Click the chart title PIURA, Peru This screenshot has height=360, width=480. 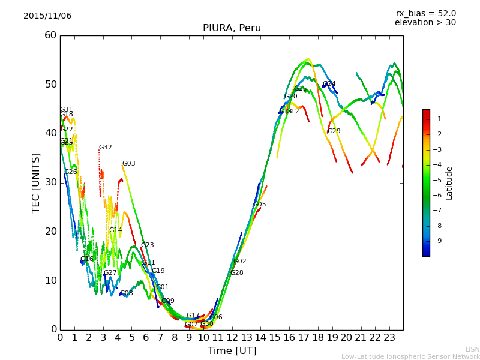[x=232, y=28]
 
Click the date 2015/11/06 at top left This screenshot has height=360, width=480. [x=47, y=16]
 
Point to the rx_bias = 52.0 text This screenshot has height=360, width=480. [x=425, y=13]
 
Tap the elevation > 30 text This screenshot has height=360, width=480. [x=425, y=23]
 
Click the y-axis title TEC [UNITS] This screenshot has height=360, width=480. [x=36, y=182]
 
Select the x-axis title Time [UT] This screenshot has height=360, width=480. [x=232, y=351]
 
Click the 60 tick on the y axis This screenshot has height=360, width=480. [x=50, y=35]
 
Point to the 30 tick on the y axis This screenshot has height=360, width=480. [x=50, y=182]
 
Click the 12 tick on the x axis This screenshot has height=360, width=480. [x=232, y=338]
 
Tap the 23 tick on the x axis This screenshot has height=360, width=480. [x=389, y=338]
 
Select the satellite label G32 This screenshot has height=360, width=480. [x=106, y=148]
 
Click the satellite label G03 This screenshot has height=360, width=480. [x=129, y=164]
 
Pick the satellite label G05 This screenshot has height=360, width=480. [x=260, y=205]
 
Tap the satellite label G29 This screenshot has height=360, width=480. [x=334, y=131]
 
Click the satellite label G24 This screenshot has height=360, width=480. [x=329, y=84]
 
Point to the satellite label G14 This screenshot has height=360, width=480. [x=116, y=230]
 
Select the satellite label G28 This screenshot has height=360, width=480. [x=237, y=273]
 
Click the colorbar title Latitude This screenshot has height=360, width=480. [x=449, y=183]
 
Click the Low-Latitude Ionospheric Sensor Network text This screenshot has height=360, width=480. [x=410, y=357]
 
